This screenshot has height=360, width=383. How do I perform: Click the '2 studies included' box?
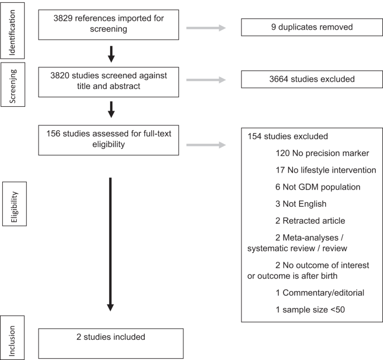pos(111,343)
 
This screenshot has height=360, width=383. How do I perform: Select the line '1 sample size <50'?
pos(313,309)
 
